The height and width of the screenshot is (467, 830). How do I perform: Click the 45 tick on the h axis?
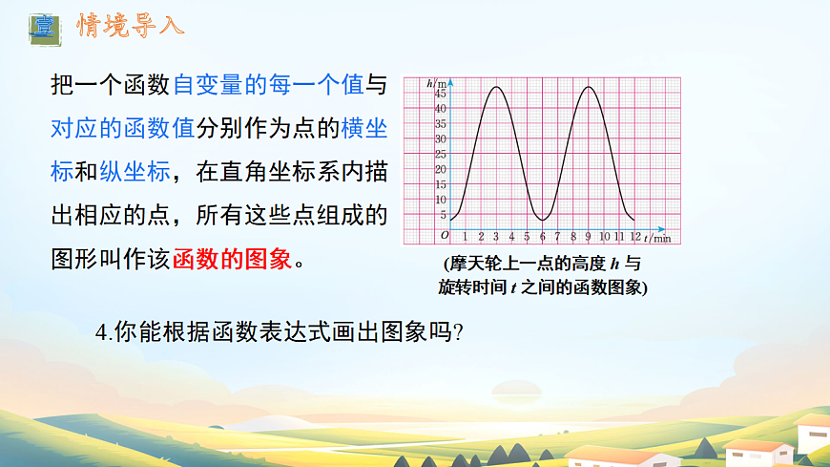tap(441, 94)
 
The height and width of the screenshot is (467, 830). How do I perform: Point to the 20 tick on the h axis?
tap(441, 170)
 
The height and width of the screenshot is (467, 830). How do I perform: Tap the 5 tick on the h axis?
tap(443, 215)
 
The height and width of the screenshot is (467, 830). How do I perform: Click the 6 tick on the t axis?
tap(542, 236)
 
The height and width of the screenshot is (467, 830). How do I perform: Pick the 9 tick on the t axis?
tap(589, 236)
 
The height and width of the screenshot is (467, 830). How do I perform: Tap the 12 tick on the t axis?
tap(633, 236)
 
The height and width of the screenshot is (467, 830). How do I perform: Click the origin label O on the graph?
tap(444, 235)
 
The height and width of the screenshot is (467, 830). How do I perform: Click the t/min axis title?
tap(656, 236)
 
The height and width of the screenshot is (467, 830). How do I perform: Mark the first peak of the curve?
tap(496, 87)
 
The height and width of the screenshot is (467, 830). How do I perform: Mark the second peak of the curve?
tap(589, 87)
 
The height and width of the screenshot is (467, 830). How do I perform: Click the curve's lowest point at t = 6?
tap(542, 221)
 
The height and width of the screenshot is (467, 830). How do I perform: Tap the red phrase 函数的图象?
tap(232, 260)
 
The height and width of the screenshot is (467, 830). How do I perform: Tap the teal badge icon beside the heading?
tap(42, 27)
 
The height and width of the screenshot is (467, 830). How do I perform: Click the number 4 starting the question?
tap(101, 332)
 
